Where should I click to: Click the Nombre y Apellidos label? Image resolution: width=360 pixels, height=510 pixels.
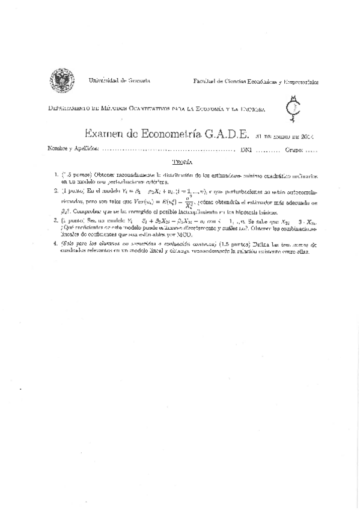tap(71, 149)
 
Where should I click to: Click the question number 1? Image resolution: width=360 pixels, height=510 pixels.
tap(55, 176)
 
